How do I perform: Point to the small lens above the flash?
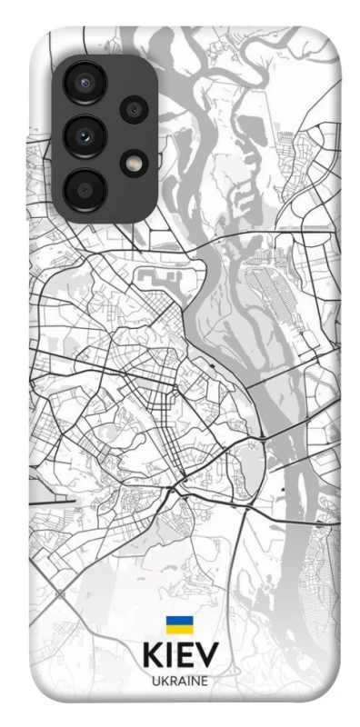tap(135, 110)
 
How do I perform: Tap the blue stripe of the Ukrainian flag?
tap(179, 621)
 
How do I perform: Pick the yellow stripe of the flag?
tap(179, 629)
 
